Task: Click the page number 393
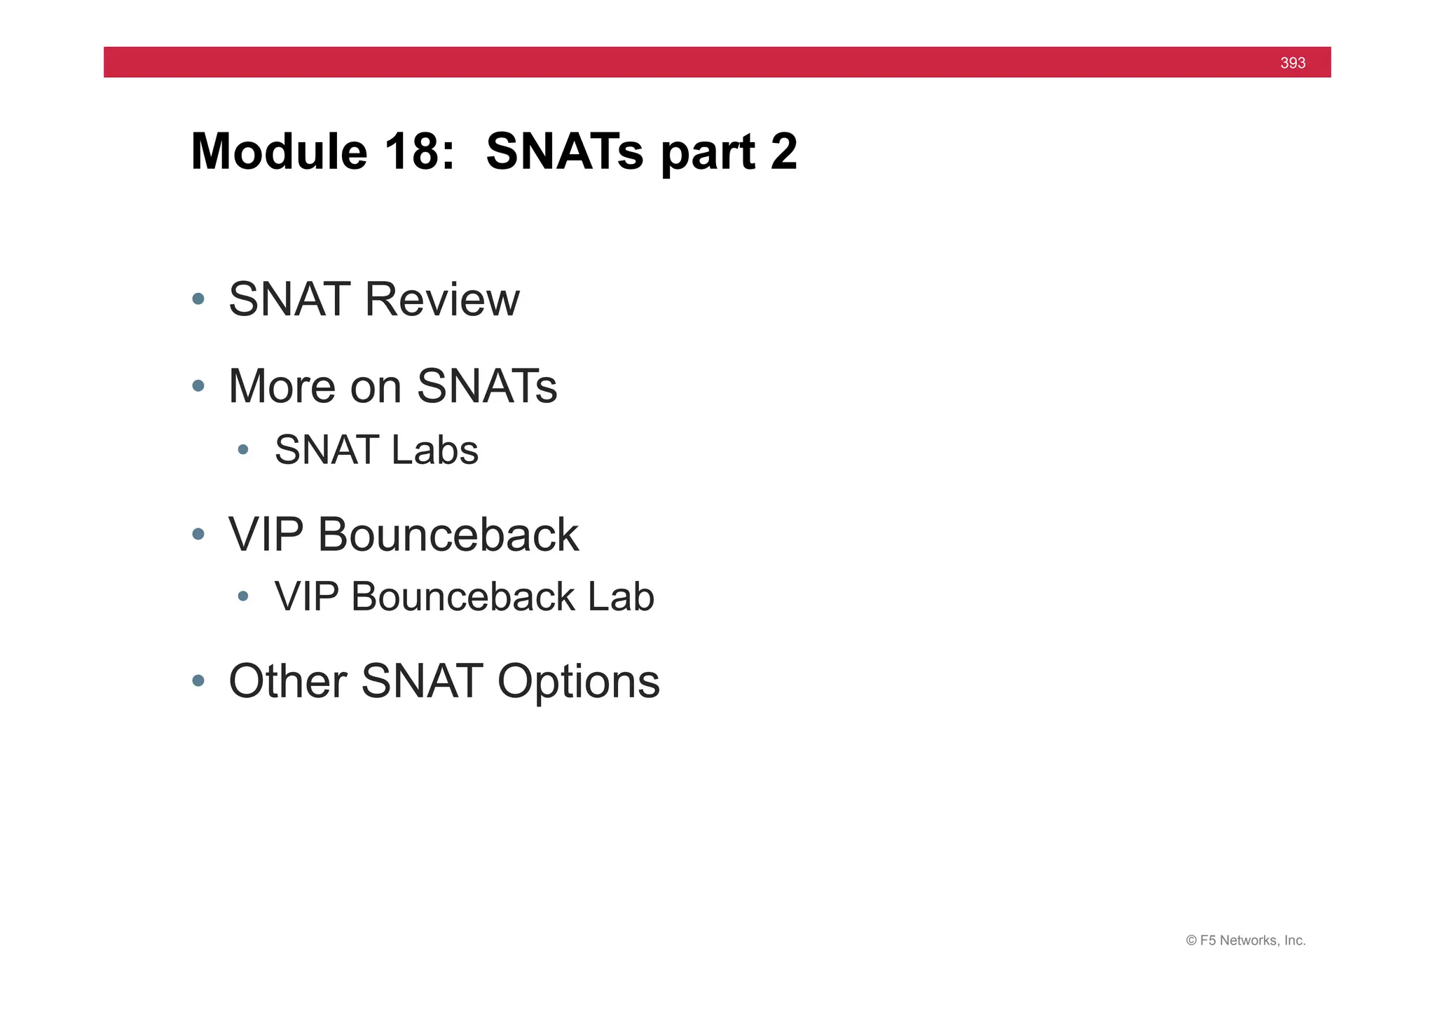tap(1292, 63)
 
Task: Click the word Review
tap(441, 299)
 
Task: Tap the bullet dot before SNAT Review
tap(198, 299)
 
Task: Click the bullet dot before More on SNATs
tap(198, 386)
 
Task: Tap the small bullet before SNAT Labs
tap(243, 450)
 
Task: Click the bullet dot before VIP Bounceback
tap(198, 535)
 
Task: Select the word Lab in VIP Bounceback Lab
tap(621, 597)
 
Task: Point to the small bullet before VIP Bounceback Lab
tap(243, 597)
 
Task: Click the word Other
tap(287, 681)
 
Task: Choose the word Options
tap(578, 681)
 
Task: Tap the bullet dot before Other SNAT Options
tap(198, 681)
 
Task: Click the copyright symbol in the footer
tap(1190, 941)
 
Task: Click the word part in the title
tap(708, 153)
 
